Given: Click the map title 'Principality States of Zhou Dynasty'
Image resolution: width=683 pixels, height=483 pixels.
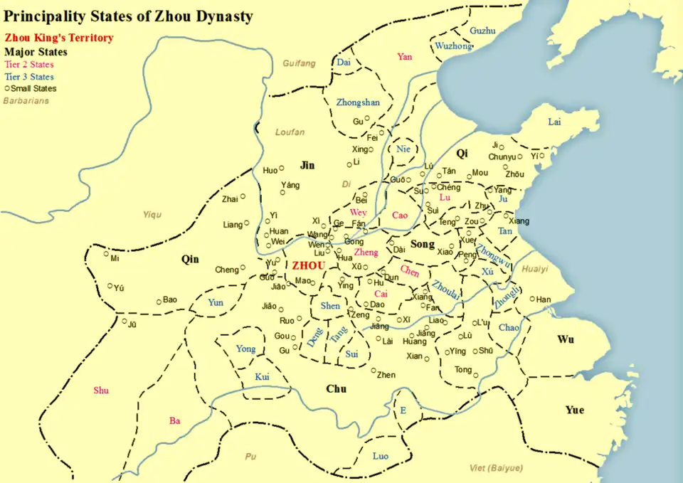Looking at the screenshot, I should (128, 15).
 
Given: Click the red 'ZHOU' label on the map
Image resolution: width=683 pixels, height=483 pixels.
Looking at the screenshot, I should (308, 265).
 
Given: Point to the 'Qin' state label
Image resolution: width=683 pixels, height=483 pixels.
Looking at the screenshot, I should (190, 259).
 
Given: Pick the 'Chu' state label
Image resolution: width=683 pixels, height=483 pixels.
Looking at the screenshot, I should (336, 388).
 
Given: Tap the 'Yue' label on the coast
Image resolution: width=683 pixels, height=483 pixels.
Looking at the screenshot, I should (575, 410).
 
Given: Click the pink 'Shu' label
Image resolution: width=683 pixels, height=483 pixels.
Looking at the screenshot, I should (101, 390).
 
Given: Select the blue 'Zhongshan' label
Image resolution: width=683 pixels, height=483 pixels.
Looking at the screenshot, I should (358, 102).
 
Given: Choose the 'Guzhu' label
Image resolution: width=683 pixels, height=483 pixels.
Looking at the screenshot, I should (482, 31).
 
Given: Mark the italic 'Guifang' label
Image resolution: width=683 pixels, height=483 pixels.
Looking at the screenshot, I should (299, 63).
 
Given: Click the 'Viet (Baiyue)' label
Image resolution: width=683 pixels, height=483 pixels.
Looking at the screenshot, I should (497, 467).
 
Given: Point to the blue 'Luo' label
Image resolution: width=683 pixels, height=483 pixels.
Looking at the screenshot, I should (381, 456).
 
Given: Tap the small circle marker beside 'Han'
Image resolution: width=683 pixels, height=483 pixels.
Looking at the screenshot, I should (532, 299).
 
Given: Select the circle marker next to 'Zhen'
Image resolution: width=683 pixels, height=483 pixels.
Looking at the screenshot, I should (373, 370).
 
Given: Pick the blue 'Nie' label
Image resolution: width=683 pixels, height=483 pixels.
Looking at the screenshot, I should (403, 149).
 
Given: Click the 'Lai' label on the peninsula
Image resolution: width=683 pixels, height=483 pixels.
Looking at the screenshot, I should (554, 122).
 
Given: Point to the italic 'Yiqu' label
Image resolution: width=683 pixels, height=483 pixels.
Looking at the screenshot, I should (152, 214).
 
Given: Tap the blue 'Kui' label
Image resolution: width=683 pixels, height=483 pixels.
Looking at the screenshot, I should (262, 376).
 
